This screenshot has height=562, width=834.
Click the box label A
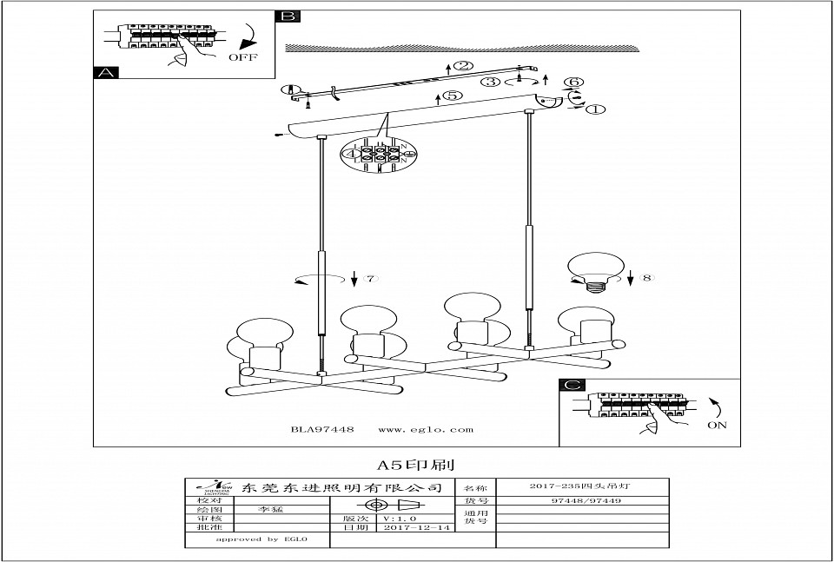pos(105,73)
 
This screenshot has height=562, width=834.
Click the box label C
pos(569,386)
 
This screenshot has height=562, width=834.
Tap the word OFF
pos(242,57)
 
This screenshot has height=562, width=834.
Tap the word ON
pos(718,426)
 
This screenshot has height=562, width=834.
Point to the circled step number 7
pos(370,279)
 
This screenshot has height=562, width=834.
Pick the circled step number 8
pos(645,279)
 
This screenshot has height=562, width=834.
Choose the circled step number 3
pos(492,83)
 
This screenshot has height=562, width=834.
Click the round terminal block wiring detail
pos(379,156)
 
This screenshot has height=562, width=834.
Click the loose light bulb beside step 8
pos(594,271)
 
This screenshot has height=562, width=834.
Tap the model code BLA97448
pos(321,429)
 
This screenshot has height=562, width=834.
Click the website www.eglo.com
pos(427,429)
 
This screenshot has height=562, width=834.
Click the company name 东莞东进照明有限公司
pos(346,488)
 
